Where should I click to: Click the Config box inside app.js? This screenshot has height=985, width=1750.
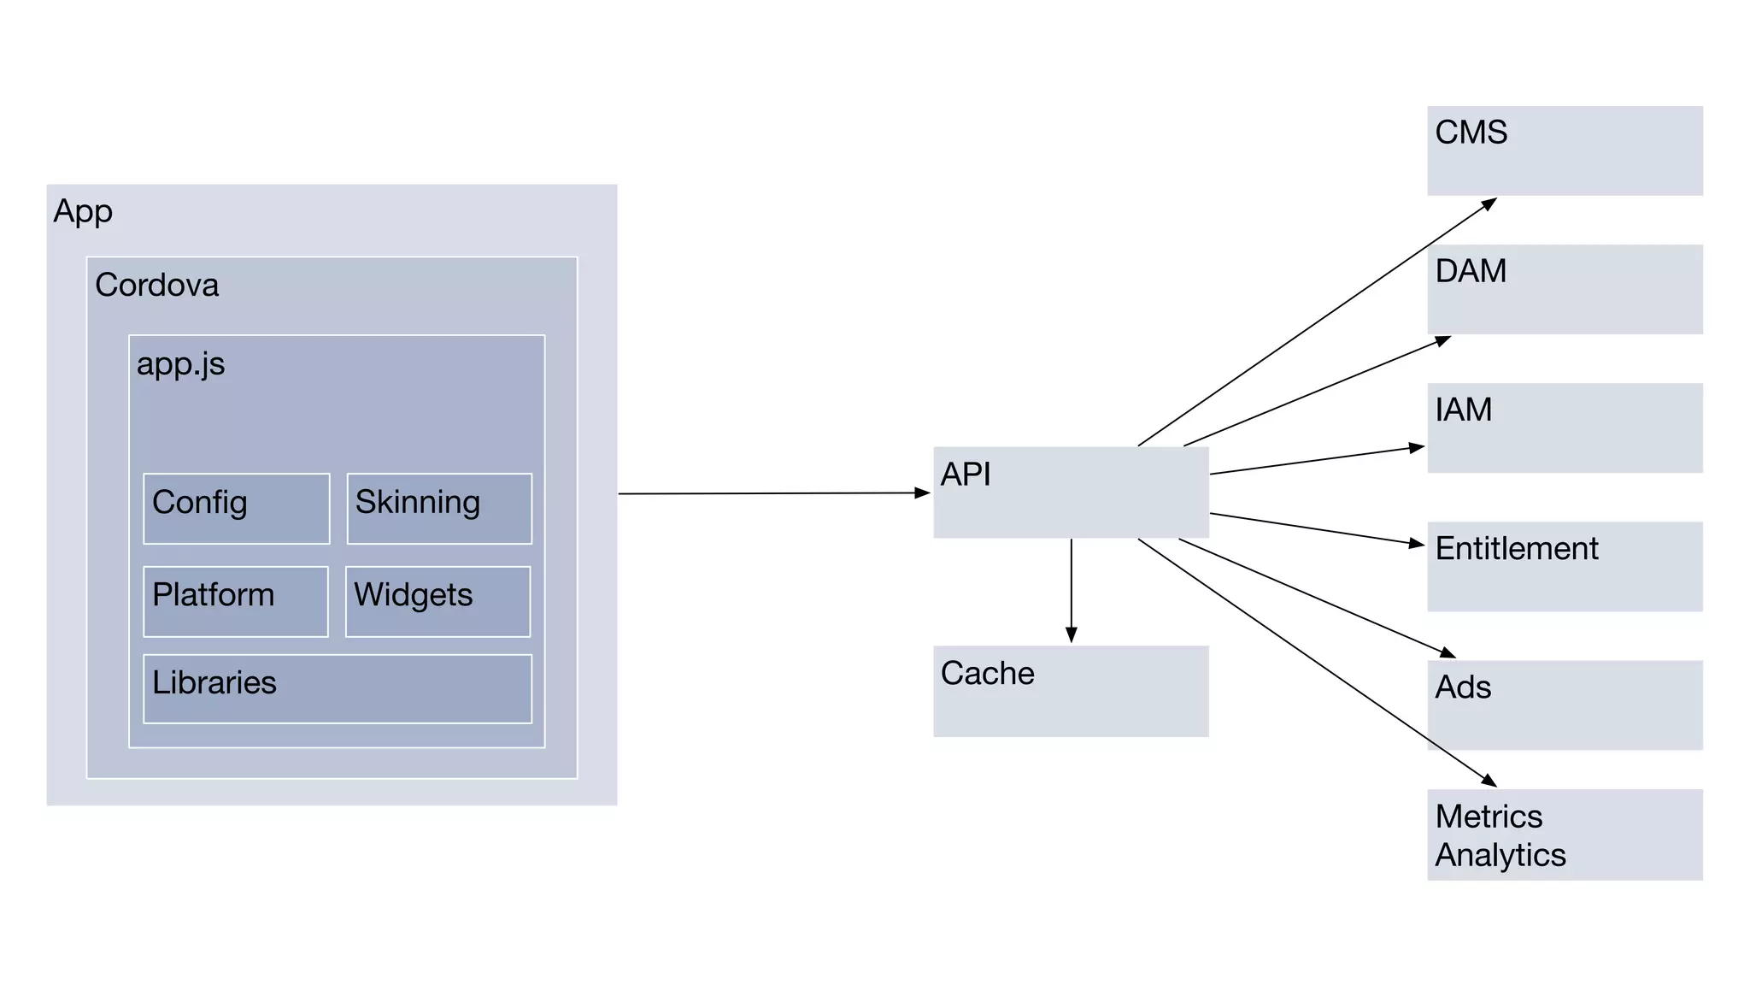click(x=237, y=509)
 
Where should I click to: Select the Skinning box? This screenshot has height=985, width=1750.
click(x=439, y=509)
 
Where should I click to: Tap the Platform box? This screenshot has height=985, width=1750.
click(x=236, y=601)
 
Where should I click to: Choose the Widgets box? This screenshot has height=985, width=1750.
click(x=437, y=601)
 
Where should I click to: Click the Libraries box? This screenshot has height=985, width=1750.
click(x=338, y=689)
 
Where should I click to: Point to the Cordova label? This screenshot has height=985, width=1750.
click(x=156, y=285)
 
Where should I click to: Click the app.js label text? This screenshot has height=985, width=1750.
click(x=180, y=364)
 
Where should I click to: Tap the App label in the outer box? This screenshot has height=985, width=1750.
click(x=83, y=211)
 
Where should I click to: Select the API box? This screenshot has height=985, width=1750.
click(x=1071, y=492)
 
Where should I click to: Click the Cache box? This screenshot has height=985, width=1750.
click(x=1071, y=691)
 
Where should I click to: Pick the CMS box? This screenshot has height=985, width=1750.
click(x=1565, y=150)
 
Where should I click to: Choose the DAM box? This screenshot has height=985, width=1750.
click(x=1565, y=289)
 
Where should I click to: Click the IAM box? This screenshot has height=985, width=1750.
click(x=1565, y=428)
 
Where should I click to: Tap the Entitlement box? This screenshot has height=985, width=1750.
click(x=1565, y=566)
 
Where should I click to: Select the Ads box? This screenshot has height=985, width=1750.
click(x=1565, y=705)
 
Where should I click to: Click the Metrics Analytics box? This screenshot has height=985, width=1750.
click(x=1565, y=835)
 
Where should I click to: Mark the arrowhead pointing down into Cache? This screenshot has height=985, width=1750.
click(x=1071, y=634)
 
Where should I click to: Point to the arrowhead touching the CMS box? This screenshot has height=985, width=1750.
click(x=1489, y=203)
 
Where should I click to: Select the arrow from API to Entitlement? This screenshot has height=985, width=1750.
click(x=1316, y=528)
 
